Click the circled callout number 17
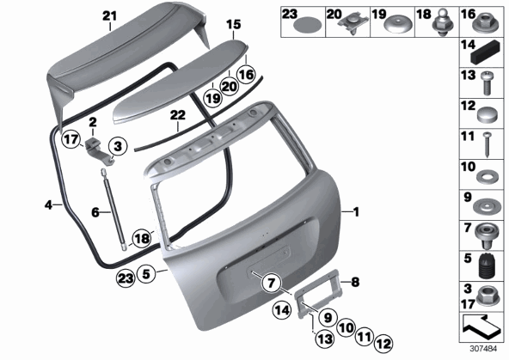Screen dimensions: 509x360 (x=71, y=139)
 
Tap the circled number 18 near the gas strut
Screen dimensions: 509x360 (x=142, y=239)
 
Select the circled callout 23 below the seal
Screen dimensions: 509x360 (x=126, y=278)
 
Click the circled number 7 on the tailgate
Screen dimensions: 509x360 (x=271, y=283)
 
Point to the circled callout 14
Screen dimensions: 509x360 (x=282, y=310)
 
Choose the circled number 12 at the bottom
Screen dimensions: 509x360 (x=383, y=344)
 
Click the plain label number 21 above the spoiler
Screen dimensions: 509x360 (x=109, y=15)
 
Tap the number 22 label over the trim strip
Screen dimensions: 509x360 (x=178, y=115)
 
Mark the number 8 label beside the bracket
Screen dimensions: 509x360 (x=355, y=282)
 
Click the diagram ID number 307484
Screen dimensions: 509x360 (x=483, y=350)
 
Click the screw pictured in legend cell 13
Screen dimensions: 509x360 (x=487, y=83)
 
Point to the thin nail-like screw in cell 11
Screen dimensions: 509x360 (x=487, y=144)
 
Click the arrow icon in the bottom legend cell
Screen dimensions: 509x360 (x=481, y=326)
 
